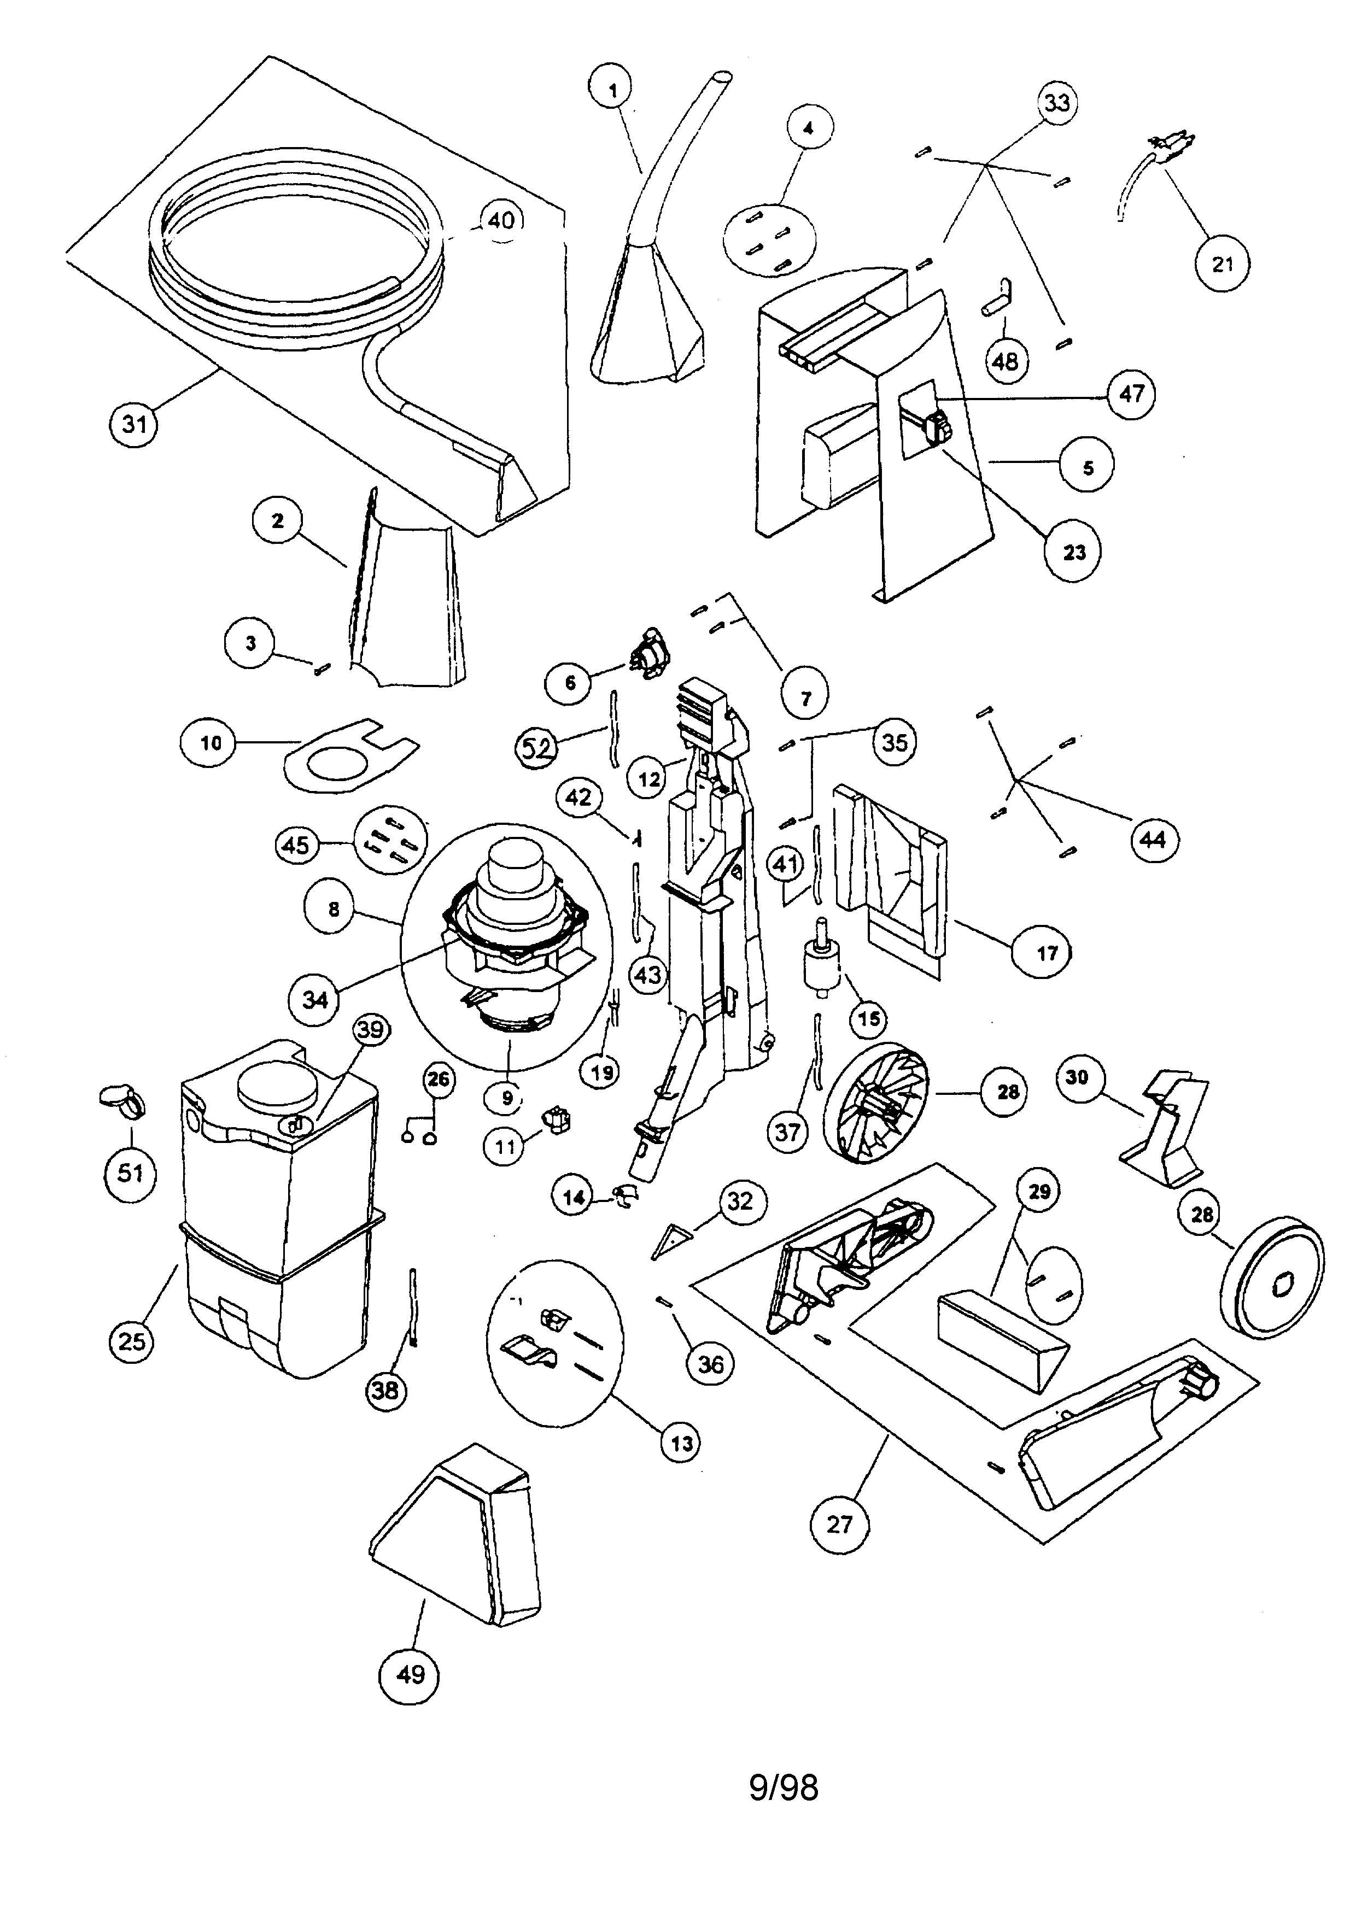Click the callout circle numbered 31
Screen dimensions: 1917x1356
tap(135, 424)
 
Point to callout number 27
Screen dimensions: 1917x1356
tap(839, 1525)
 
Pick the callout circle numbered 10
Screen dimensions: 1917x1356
tap(211, 742)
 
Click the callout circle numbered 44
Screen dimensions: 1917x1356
tap(1153, 839)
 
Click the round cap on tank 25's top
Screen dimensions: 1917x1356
tap(277, 1086)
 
